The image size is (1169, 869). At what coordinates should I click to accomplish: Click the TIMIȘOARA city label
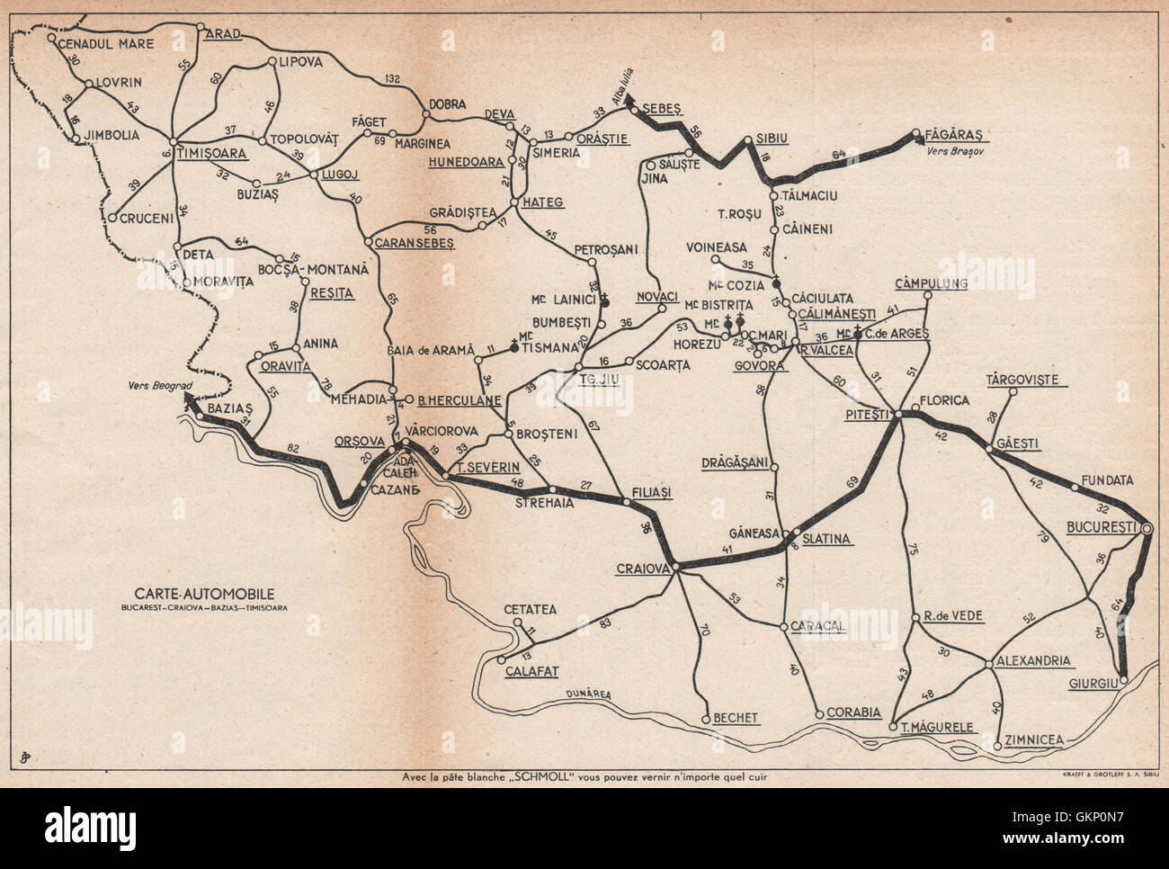(213, 153)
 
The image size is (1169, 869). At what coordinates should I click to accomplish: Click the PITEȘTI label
(867, 414)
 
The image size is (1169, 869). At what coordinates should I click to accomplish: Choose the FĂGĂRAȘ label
(956, 135)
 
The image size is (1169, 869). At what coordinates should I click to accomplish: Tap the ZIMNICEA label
(1035, 739)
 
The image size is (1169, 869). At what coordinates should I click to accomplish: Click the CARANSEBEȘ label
(415, 243)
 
